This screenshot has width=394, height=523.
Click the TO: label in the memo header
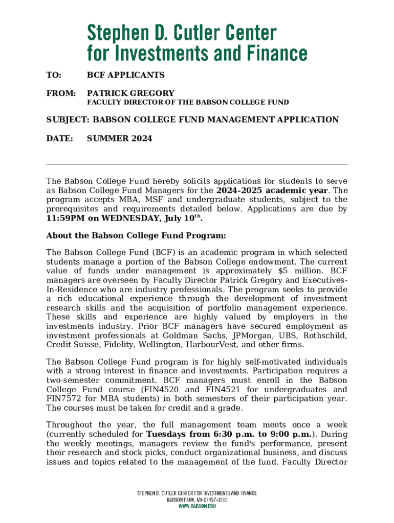click(54, 76)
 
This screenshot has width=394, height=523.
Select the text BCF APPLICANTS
click(125, 76)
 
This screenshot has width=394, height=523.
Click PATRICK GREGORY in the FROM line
click(130, 93)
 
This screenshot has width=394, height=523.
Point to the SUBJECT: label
click(68, 120)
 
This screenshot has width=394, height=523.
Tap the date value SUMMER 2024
click(119, 138)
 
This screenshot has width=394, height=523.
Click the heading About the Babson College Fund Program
click(136, 236)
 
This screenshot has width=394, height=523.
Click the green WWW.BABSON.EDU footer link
click(196, 506)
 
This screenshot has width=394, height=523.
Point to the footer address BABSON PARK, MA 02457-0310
click(196, 500)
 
